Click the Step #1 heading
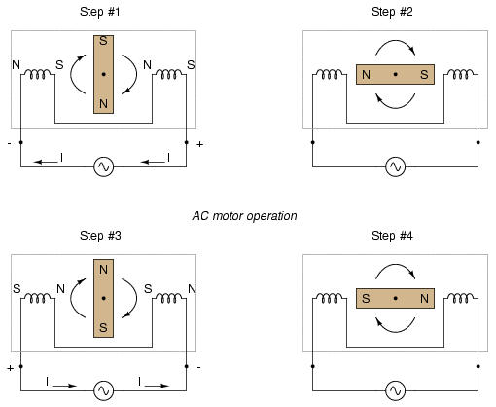pos(100,12)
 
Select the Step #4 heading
pos(392,236)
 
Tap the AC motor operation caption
pos(244,216)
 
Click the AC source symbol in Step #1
pos(103,166)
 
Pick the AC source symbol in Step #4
pos(395,390)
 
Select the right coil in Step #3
pos(169,298)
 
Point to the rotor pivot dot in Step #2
pos(395,74)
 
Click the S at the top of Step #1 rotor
pos(103,41)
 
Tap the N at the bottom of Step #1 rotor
pos(103,104)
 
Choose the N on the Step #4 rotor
pos(424,298)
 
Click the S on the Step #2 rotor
pos(424,75)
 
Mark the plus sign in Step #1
pos(199,144)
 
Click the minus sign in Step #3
pos(198,367)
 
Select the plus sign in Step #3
pos(11,368)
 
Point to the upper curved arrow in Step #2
pos(395,41)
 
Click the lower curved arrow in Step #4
pos(395,332)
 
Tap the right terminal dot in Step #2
pos(478,142)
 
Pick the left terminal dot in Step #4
pos(312,366)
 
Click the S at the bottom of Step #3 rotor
pos(103,327)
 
